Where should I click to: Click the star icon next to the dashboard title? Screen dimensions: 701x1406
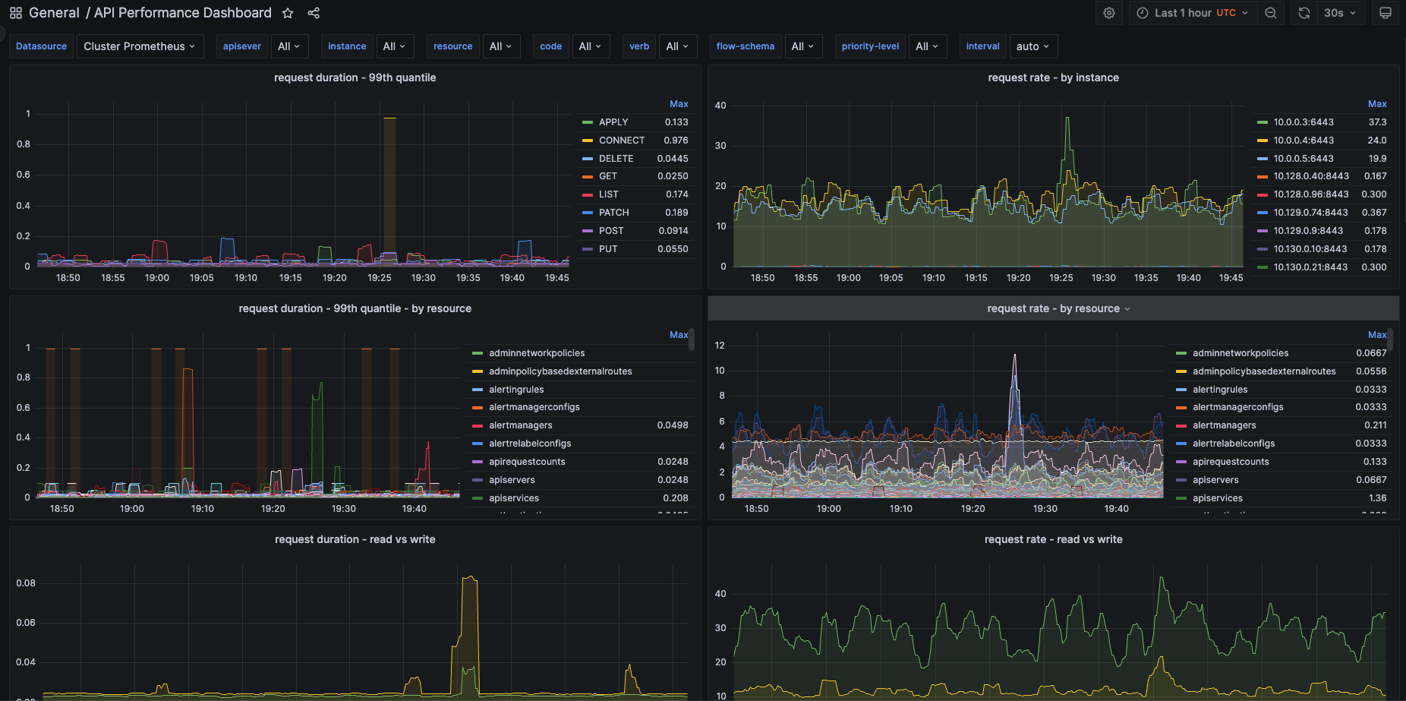coord(288,13)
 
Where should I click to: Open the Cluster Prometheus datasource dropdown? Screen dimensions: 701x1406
coord(140,46)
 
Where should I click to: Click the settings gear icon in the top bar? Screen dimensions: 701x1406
coord(1109,13)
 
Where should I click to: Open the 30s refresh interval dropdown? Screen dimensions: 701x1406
coord(1339,13)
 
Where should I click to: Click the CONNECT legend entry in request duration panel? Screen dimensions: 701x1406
coord(621,141)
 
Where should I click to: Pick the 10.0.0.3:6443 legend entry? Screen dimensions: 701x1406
coord(1303,122)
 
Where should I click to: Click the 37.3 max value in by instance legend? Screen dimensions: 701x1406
coord(1377,122)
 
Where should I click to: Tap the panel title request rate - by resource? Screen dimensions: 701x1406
coord(1053,308)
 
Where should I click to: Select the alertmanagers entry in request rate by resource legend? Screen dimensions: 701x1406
coord(1224,425)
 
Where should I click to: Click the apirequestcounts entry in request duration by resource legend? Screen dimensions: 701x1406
coord(527,462)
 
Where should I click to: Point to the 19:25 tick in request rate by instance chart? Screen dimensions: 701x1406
coord(1061,278)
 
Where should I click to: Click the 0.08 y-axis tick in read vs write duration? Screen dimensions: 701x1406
coord(26,583)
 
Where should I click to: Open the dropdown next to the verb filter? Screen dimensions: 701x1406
coord(677,46)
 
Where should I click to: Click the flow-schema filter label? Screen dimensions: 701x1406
coord(745,46)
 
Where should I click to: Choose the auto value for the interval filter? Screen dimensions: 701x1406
coord(1032,46)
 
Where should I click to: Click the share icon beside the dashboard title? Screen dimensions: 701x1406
coord(314,13)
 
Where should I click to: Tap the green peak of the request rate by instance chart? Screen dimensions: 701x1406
coord(1067,119)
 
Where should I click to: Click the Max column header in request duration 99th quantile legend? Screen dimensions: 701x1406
coord(679,104)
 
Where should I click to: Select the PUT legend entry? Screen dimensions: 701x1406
coord(607,249)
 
